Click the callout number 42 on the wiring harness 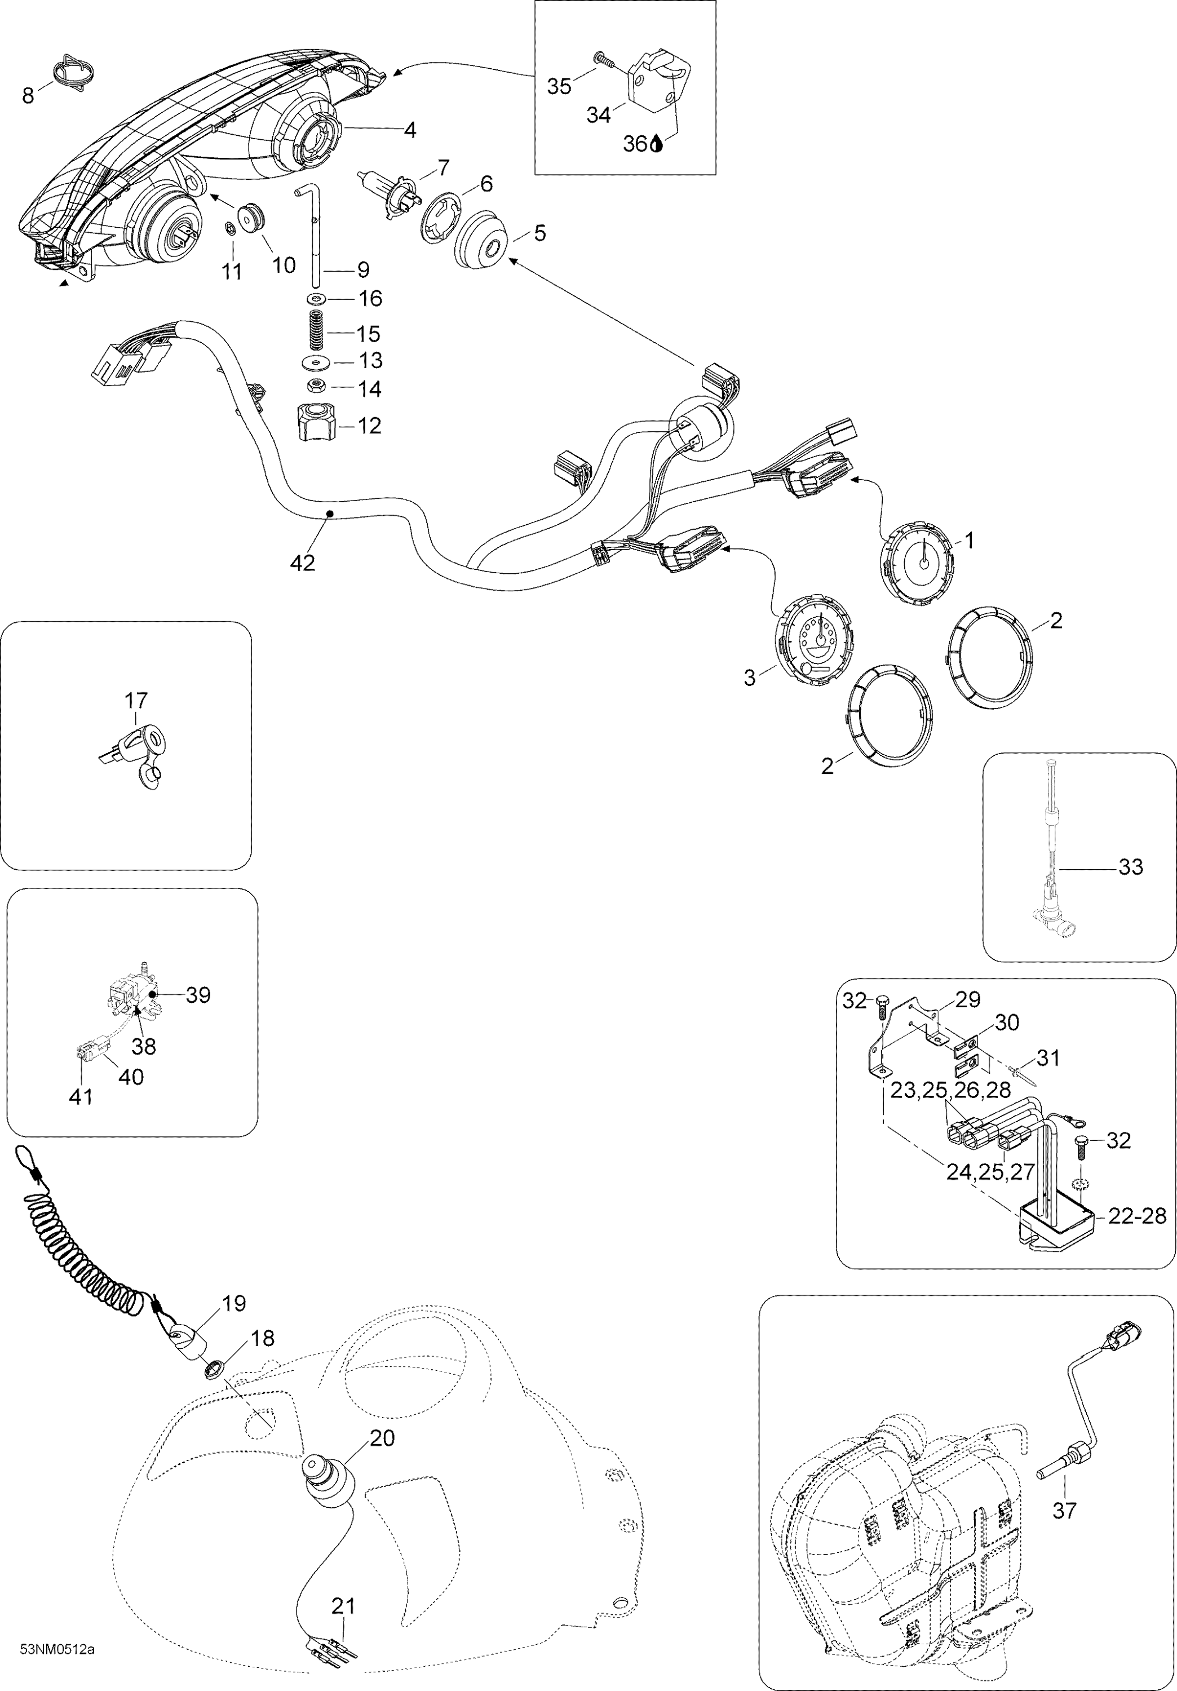pos(303,562)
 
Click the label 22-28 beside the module pos(1137,1216)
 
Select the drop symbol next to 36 pos(656,145)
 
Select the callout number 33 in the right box pos(1131,867)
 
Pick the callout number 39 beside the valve pos(197,995)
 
